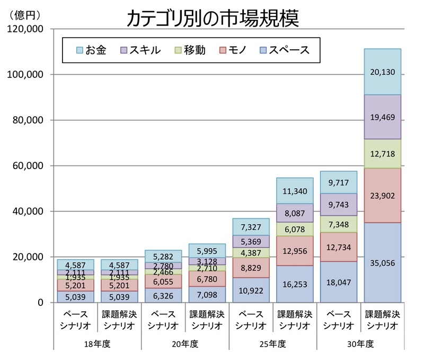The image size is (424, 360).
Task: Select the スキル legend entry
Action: pyautogui.click(x=141, y=50)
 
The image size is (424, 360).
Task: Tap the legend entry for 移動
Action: pyautogui.click(x=189, y=50)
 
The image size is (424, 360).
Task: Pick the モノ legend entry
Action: pyautogui.click(x=236, y=50)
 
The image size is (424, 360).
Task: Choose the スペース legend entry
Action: pyautogui.click(x=286, y=50)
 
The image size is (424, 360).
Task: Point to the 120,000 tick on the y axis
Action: pyautogui.click(x=26, y=29)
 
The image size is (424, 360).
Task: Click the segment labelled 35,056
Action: pyautogui.click(x=382, y=262)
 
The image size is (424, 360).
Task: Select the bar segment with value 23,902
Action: pyautogui.click(x=382, y=196)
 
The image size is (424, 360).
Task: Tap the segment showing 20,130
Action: pyautogui.click(x=382, y=72)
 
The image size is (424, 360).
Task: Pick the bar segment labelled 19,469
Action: pyautogui.click(x=382, y=117)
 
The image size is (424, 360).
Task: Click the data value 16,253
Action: pyautogui.click(x=295, y=284)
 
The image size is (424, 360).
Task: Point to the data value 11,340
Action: pyautogui.click(x=295, y=191)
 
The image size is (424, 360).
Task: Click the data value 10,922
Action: pyautogui.click(x=251, y=290)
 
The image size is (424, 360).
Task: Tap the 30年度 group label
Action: pyautogui.click(x=360, y=344)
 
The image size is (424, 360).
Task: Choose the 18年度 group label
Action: pyautogui.click(x=98, y=344)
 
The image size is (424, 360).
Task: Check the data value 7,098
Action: pyautogui.click(x=207, y=294)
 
